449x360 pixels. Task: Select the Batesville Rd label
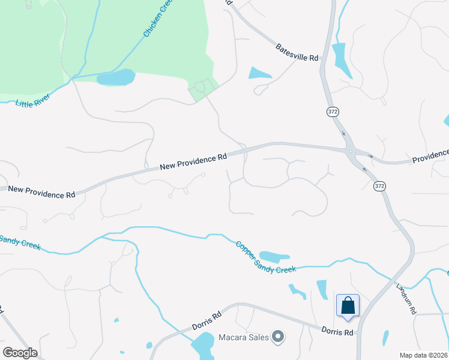pyautogui.click(x=297, y=52)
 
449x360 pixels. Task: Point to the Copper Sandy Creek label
pyautogui.click(x=266, y=257)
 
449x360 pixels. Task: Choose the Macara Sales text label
pyautogui.click(x=243, y=337)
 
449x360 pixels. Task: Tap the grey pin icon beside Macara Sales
pyautogui.click(x=277, y=337)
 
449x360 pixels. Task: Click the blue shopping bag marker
pyautogui.click(x=348, y=306)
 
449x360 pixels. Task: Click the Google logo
pyautogui.click(x=20, y=353)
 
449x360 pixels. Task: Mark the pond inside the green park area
pyautogui.click(x=116, y=77)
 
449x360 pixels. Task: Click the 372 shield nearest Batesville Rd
pyautogui.click(x=333, y=112)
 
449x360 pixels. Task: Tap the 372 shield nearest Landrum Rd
pyautogui.click(x=379, y=187)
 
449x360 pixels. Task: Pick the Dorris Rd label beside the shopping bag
pyautogui.click(x=337, y=331)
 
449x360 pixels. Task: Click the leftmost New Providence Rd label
pyautogui.click(x=42, y=191)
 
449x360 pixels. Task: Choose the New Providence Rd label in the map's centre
pyautogui.click(x=193, y=161)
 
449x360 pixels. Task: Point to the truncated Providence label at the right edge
pyautogui.click(x=430, y=157)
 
